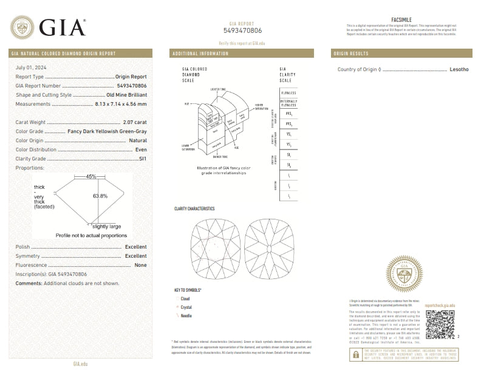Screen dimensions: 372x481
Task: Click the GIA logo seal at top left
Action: [22, 27]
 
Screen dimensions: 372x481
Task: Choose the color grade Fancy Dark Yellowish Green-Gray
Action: [107, 131]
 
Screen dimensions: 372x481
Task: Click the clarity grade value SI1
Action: [142, 158]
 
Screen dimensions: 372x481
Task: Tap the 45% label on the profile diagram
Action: [91, 177]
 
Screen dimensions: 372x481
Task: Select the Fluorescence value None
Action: [140, 265]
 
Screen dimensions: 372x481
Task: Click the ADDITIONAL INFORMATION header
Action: [200, 53]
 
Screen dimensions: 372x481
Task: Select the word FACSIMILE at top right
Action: [402, 20]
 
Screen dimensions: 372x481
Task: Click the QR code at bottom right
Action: [439, 324]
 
